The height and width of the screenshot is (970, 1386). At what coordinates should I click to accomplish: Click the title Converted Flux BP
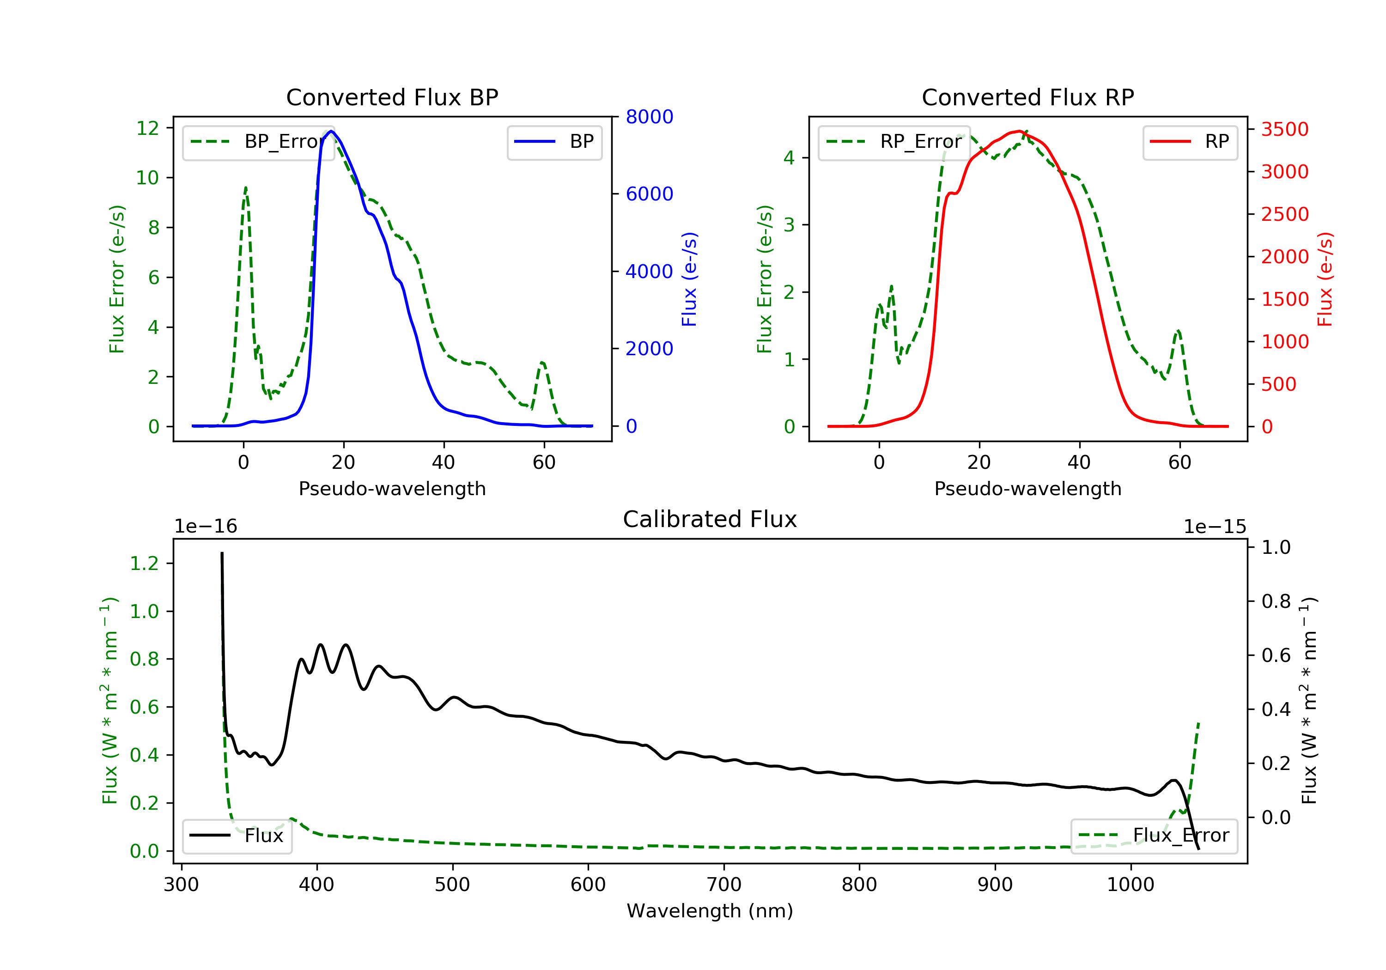click(392, 97)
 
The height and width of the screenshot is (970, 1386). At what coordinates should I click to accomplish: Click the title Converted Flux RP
click(1028, 97)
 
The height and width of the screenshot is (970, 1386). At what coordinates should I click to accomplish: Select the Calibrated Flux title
click(710, 519)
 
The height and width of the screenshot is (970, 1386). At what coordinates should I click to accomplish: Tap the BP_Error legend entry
click(258, 142)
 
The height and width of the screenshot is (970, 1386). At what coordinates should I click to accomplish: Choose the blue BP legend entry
click(554, 142)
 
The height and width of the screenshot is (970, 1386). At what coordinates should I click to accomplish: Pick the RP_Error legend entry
click(894, 142)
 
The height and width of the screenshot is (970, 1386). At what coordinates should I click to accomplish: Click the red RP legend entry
click(1190, 142)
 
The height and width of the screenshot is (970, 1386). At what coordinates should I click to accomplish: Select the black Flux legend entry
click(237, 836)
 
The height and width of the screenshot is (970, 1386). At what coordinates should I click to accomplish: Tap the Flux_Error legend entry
click(1154, 836)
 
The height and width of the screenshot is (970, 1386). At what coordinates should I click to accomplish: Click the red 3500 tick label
click(1284, 129)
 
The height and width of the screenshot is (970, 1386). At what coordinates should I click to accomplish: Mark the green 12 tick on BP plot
click(148, 128)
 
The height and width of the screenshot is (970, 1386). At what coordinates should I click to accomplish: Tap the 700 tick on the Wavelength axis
click(724, 885)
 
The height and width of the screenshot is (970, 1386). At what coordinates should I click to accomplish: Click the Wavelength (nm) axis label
click(710, 911)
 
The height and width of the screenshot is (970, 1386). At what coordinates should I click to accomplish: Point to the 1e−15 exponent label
click(1215, 527)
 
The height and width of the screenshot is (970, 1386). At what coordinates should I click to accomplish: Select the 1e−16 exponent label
click(206, 527)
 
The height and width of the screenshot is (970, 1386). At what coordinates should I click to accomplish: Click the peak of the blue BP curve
click(331, 131)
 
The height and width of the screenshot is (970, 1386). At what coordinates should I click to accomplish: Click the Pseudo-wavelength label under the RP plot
click(1028, 488)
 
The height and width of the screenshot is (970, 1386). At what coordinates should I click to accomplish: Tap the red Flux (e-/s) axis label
click(1325, 279)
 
